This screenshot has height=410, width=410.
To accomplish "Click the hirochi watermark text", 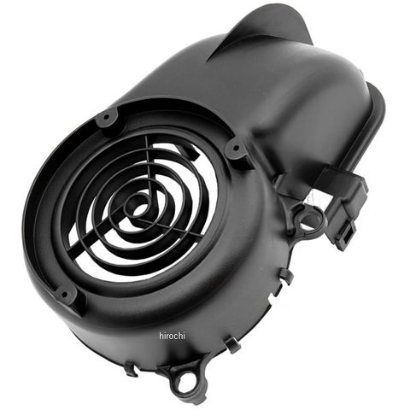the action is click(x=172, y=336).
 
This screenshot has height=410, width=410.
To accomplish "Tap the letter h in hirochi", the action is click(x=161, y=336).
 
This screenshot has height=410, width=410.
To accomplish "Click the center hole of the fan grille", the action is click(x=139, y=210).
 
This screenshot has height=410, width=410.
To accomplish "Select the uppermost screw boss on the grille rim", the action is click(x=107, y=117).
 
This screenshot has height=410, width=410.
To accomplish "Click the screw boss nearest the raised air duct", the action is click(x=236, y=149).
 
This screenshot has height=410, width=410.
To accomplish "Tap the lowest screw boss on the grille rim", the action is click(x=65, y=294).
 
